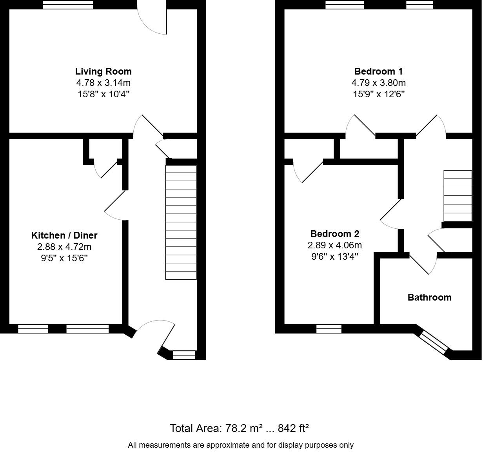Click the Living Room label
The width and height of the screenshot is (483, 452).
click(x=103, y=71)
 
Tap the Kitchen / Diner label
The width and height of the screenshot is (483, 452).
click(x=64, y=235)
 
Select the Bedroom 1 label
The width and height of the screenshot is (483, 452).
click(x=378, y=71)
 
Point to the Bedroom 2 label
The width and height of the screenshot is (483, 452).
click(x=335, y=234)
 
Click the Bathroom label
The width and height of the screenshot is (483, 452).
click(x=430, y=297)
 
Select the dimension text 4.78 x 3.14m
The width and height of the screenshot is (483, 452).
click(x=103, y=83)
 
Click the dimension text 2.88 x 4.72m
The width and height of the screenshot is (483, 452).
click(x=64, y=247)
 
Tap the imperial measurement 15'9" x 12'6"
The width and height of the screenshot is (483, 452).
click(x=379, y=94)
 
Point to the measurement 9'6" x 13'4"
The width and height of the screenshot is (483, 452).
click(x=335, y=256)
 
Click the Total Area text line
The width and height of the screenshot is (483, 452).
click(x=239, y=428)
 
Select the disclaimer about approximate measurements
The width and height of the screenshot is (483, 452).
click(x=241, y=445)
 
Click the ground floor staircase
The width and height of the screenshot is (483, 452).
click(x=181, y=222)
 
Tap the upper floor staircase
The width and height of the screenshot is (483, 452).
click(x=458, y=196)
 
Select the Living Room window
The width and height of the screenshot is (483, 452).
click(x=68, y=5)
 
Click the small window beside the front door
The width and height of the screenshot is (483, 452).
click(x=184, y=355)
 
